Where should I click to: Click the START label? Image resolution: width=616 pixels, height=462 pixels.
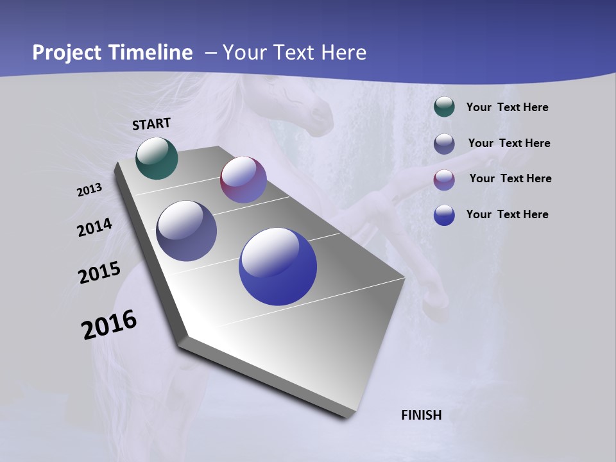tap(151, 124)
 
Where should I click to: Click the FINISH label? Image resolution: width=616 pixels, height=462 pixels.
tap(422, 415)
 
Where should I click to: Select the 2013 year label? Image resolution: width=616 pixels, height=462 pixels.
tap(90, 190)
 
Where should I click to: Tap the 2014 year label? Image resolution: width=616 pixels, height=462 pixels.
tap(95, 228)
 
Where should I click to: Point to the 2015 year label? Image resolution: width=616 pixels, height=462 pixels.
tap(99, 273)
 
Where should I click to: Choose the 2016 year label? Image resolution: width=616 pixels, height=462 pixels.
tap(109, 325)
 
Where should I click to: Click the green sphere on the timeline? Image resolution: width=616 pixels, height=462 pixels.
tap(157, 158)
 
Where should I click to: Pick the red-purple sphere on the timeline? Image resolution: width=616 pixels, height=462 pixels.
tap(243, 180)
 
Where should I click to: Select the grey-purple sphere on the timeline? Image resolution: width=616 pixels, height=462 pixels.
tap(187, 231)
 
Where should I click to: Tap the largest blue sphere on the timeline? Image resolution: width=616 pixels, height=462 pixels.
tap(278, 266)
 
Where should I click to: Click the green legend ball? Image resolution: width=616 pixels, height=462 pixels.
tap(444, 107)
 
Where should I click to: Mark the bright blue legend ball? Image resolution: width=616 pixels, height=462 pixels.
tap(444, 215)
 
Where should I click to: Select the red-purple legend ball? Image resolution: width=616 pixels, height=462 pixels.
tap(444, 180)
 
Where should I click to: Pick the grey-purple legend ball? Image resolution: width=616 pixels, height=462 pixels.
tap(444, 144)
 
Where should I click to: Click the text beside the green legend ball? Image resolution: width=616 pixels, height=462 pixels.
tap(507, 108)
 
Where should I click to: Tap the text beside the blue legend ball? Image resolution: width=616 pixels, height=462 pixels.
tap(507, 214)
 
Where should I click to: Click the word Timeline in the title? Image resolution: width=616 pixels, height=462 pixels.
tap(151, 53)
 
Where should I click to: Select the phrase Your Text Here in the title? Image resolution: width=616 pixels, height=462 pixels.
tap(295, 53)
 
